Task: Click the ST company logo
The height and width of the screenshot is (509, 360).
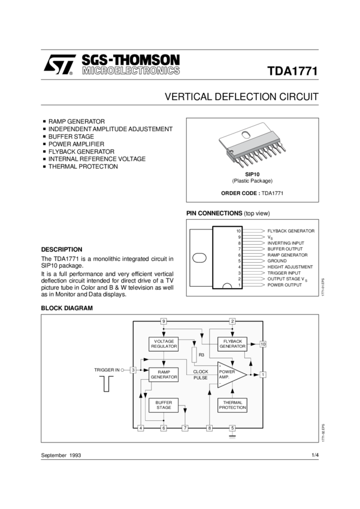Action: pyautogui.click(x=59, y=65)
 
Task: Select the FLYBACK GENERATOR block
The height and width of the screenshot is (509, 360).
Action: pyautogui.click(x=232, y=344)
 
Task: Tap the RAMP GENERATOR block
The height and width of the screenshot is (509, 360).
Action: pyautogui.click(x=164, y=374)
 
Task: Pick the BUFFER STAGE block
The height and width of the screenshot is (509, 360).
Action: pyautogui.click(x=164, y=405)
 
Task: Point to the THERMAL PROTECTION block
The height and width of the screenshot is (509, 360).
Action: pyautogui.click(x=232, y=405)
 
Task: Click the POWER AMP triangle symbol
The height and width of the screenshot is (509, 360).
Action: pyautogui.click(x=230, y=374)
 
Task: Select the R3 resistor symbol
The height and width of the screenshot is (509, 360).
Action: pyautogui.click(x=194, y=355)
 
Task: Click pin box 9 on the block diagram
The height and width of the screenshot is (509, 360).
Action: pyautogui.click(x=164, y=322)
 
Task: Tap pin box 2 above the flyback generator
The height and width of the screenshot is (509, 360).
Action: pyautogui.click(x=232, y=322)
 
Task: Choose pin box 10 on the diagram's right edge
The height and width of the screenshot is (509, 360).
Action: pyautogui.click(x=263, y=344)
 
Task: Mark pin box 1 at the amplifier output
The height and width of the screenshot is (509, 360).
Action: pyautogui.click(x=263, y=374)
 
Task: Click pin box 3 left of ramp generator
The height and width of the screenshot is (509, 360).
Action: pyautogui.click(x=133, y=370)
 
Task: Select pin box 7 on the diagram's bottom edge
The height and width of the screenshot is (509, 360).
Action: pyautogui.click(x=185, y=428)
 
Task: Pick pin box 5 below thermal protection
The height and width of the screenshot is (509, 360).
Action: pyautogui.click(x=232, y=428)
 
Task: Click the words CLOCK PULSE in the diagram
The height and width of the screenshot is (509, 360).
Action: pyautogui.click(x=201, y=375)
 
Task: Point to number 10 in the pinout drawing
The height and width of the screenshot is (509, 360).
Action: pyautogui.click(x=238, y=231)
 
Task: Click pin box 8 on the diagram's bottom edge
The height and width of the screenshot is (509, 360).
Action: pyautogui.click(x=209, y=428)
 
